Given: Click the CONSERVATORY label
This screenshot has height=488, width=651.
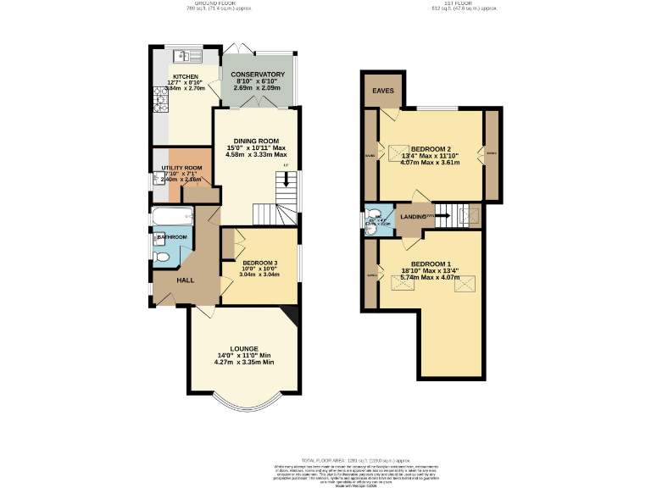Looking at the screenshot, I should [258, 75].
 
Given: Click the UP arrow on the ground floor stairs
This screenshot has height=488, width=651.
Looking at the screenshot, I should [287, 180].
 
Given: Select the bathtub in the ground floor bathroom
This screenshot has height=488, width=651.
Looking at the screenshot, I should [170, 219].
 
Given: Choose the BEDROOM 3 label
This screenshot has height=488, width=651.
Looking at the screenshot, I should [259, 263].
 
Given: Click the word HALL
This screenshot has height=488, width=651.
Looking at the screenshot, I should [186, 280].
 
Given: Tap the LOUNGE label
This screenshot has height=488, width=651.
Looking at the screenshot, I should [244, 348].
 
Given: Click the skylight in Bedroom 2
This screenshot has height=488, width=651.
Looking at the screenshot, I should [396, 153].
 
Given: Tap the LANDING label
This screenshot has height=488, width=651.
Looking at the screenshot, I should [413, 216].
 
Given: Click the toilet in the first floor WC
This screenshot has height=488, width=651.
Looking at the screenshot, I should [369, 225].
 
